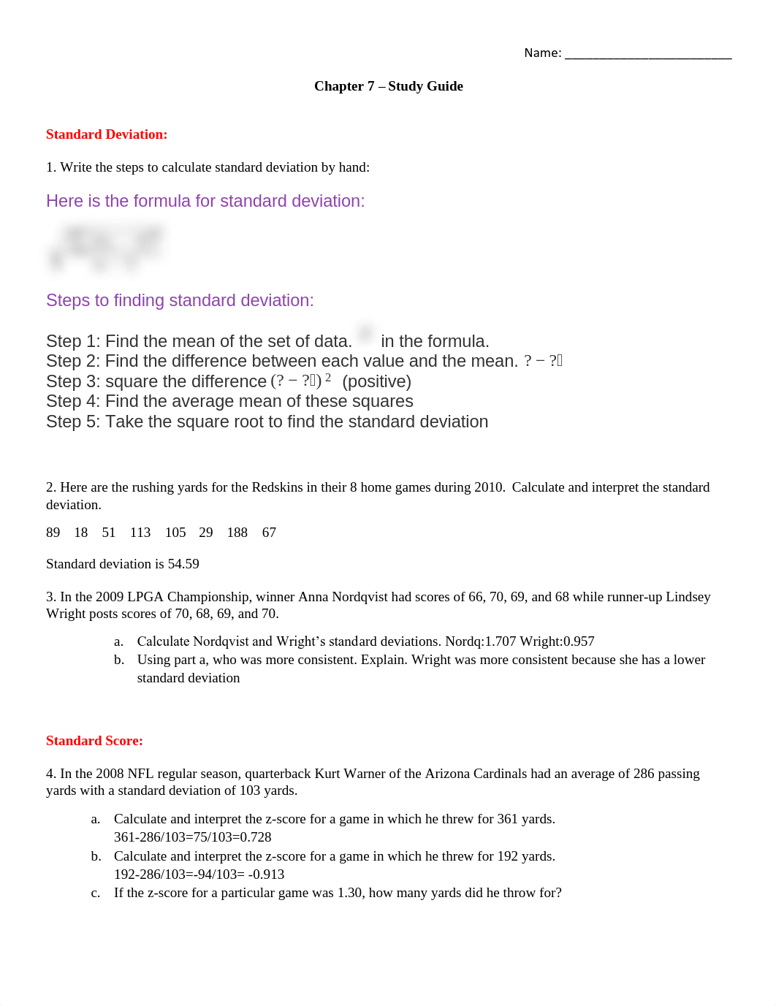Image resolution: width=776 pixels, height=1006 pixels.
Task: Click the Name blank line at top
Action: [x=647, y=55]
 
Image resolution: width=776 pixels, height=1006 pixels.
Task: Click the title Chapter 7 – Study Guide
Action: [x=388, y=86]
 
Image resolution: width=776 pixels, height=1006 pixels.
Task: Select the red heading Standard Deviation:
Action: [x=107, y=134]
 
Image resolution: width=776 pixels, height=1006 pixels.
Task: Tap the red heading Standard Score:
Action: [x=94, y=741]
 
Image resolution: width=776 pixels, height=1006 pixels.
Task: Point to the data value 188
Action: [x=237, y=533]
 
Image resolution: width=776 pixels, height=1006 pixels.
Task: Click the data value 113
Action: [x=140, y=533]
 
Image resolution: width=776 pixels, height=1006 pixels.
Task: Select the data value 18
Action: [x=80, y=533]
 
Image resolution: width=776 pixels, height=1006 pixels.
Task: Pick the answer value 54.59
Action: [x=183, y=564]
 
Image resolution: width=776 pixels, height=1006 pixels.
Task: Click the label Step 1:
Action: [x=73, y=341]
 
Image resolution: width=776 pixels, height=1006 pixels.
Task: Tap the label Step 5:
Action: [x=73, y=422]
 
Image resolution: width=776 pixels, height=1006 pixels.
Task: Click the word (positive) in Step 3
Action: [x=376, y=381]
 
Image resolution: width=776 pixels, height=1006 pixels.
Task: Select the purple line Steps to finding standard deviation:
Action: [x=180, y=300]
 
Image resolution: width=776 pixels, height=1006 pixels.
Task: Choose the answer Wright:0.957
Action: [x=557, y=641]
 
